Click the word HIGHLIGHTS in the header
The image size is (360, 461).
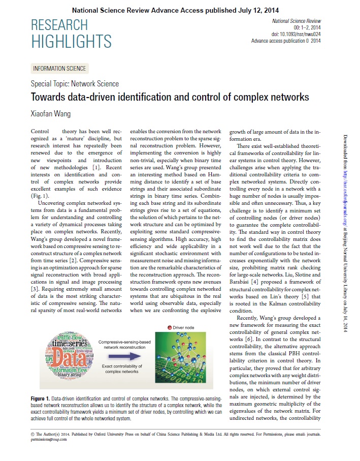[x=71, y=41]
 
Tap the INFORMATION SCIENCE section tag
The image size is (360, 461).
[x=59, y=69]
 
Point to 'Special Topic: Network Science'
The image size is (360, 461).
[x=75, y=84]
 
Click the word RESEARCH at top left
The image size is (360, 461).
[x=59, y=25]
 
